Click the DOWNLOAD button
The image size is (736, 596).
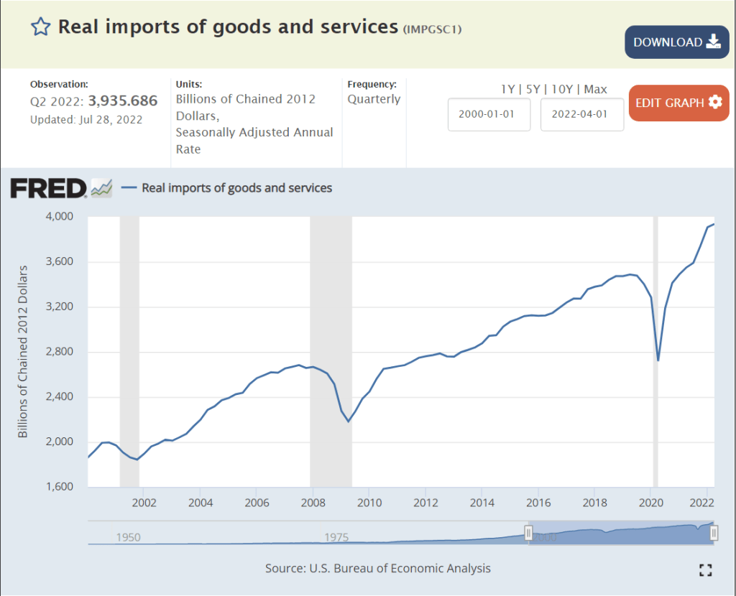pos(676,42)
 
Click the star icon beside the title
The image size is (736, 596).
pos(40,27)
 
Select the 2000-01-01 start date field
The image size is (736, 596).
pos(489,115)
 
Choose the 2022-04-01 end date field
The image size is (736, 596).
pos(581,115)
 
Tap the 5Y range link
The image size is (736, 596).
pos(533,89)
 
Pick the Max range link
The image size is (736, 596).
pos(595,89)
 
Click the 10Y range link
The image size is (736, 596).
pos(563,89)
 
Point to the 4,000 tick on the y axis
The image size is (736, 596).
pos(60,216)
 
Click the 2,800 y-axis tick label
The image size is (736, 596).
pos(60,352)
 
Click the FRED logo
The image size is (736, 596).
pos(48,188)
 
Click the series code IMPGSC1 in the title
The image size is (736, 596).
pos(432,29)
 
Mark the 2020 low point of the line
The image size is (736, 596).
pos(658,360)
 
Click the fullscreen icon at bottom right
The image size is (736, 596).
pos(705,569)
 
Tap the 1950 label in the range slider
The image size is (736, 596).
pos(128,537)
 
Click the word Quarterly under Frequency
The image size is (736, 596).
pos(374,99)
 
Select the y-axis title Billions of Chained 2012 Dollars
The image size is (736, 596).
pos(23,352)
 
